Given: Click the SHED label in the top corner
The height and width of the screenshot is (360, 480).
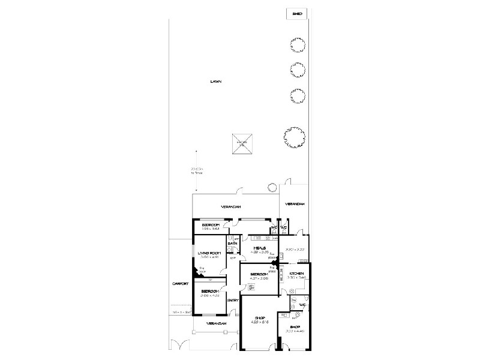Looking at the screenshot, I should tap(296, 13).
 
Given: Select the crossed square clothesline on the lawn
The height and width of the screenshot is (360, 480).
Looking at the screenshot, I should tap(241, 143).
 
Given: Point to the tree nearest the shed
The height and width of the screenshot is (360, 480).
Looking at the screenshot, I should tap(295, 45).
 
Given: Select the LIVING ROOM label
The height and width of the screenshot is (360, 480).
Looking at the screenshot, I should tap(209, 253).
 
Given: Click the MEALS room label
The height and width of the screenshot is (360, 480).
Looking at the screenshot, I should tap(260, 247).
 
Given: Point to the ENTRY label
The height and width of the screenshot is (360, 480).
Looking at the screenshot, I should tap(233, 300).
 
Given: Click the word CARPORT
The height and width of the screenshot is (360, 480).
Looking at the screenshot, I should tap(181, 284).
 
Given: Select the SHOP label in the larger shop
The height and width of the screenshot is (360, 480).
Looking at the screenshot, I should tap(259, 319).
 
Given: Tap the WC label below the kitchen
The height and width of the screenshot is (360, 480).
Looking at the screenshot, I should tap(303, 304).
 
